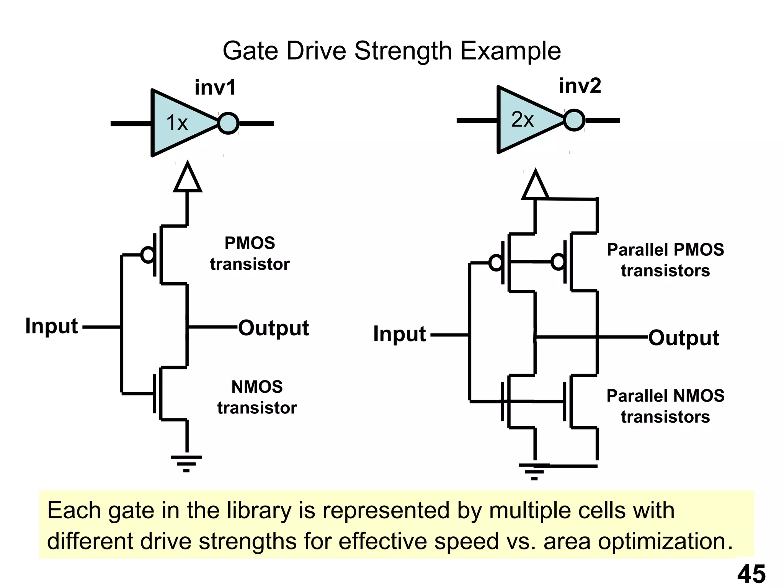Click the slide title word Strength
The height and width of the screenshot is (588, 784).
click(403, 51)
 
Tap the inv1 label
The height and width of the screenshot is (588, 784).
click(215, 88)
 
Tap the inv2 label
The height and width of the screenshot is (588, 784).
click(580, 86)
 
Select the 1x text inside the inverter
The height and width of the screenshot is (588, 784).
click(177, 123)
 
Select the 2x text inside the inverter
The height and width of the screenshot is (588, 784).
click(522, 120)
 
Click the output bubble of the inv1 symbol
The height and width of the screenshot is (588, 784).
click(229, 123)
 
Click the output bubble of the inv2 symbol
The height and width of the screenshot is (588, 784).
click(574, 120)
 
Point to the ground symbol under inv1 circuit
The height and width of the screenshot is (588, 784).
click(186, 463)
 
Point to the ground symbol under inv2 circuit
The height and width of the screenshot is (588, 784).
click(534, 471)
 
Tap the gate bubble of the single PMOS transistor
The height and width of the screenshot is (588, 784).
click(148, 255)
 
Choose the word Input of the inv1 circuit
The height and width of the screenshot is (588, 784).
click(51, 326)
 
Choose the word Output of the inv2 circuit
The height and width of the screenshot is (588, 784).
click(684, 338)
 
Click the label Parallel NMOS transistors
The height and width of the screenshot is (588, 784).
click(665, 406)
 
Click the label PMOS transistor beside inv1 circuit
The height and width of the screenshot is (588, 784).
click(250, 253)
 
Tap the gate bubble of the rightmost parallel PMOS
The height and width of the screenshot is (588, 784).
click(558, 262)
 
